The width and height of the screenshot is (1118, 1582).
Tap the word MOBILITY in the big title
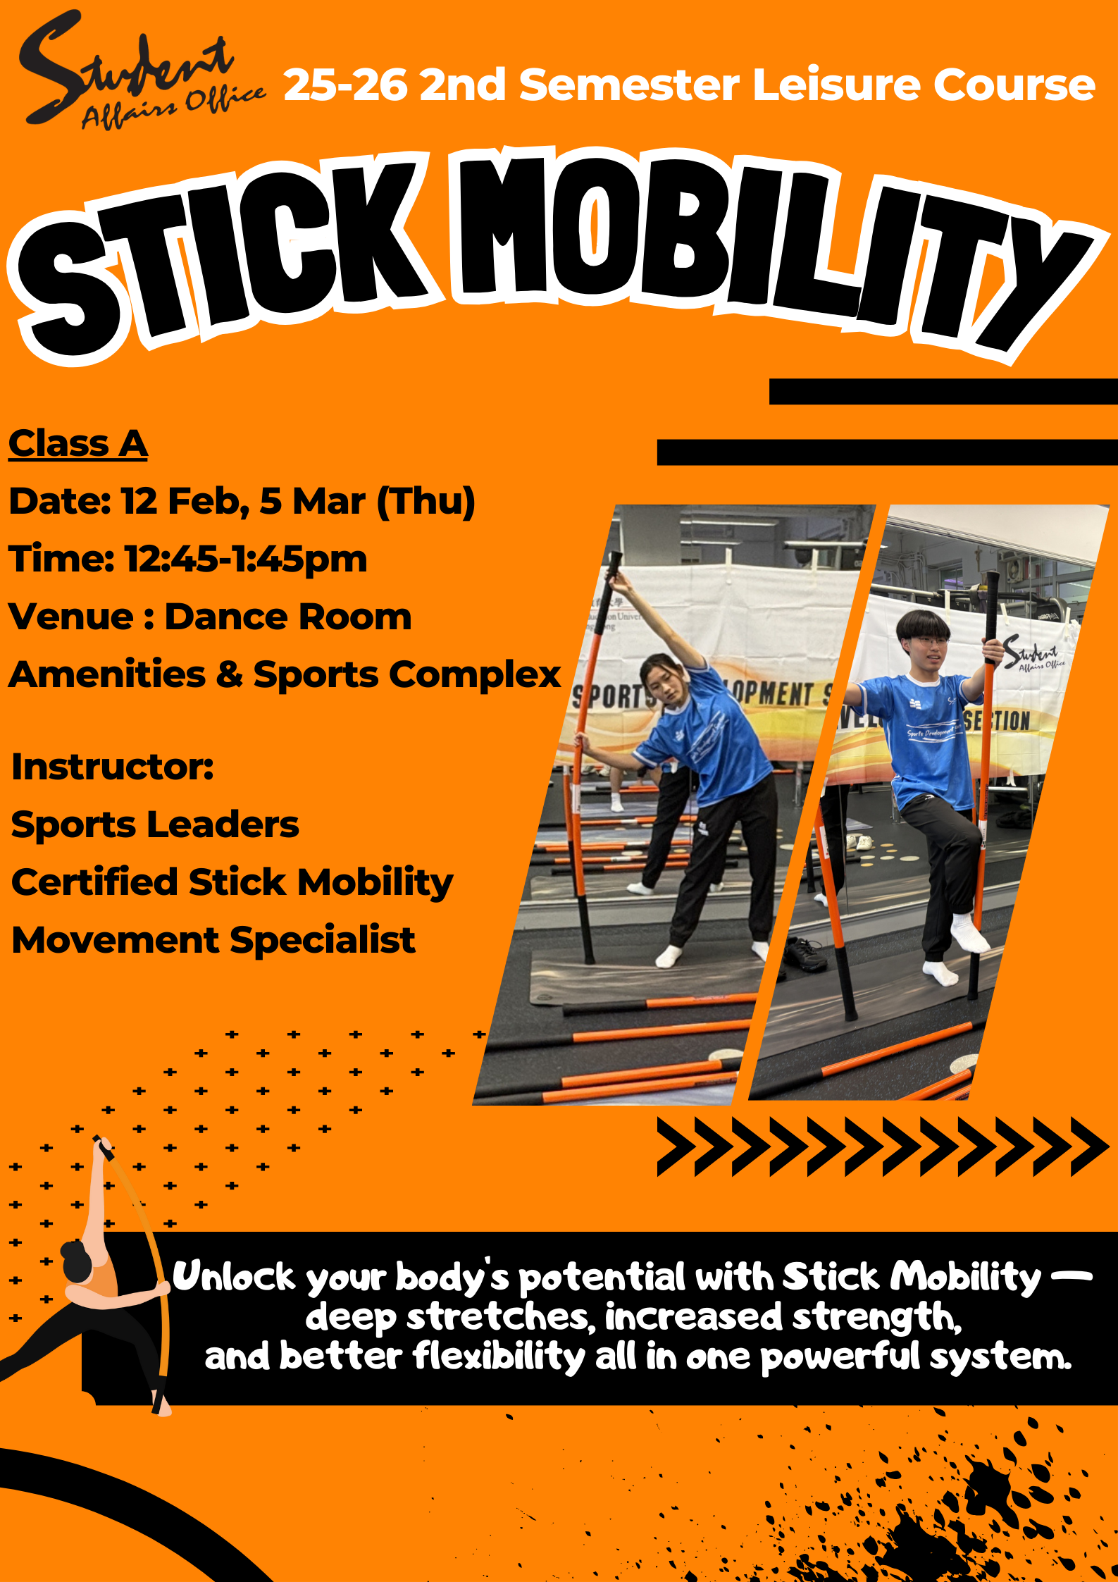click(761, 247)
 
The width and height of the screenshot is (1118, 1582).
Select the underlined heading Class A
click(77, 444)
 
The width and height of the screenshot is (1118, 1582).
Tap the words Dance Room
click(287, 617)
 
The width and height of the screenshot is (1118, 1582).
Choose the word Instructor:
click(113, 767)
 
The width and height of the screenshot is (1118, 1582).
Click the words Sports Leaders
click(155, 824)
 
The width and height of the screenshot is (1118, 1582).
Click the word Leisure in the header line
click(837, 85)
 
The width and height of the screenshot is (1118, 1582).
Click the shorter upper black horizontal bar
click(943, 392)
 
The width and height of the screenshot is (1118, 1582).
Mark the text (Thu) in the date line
click(426, 502)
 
